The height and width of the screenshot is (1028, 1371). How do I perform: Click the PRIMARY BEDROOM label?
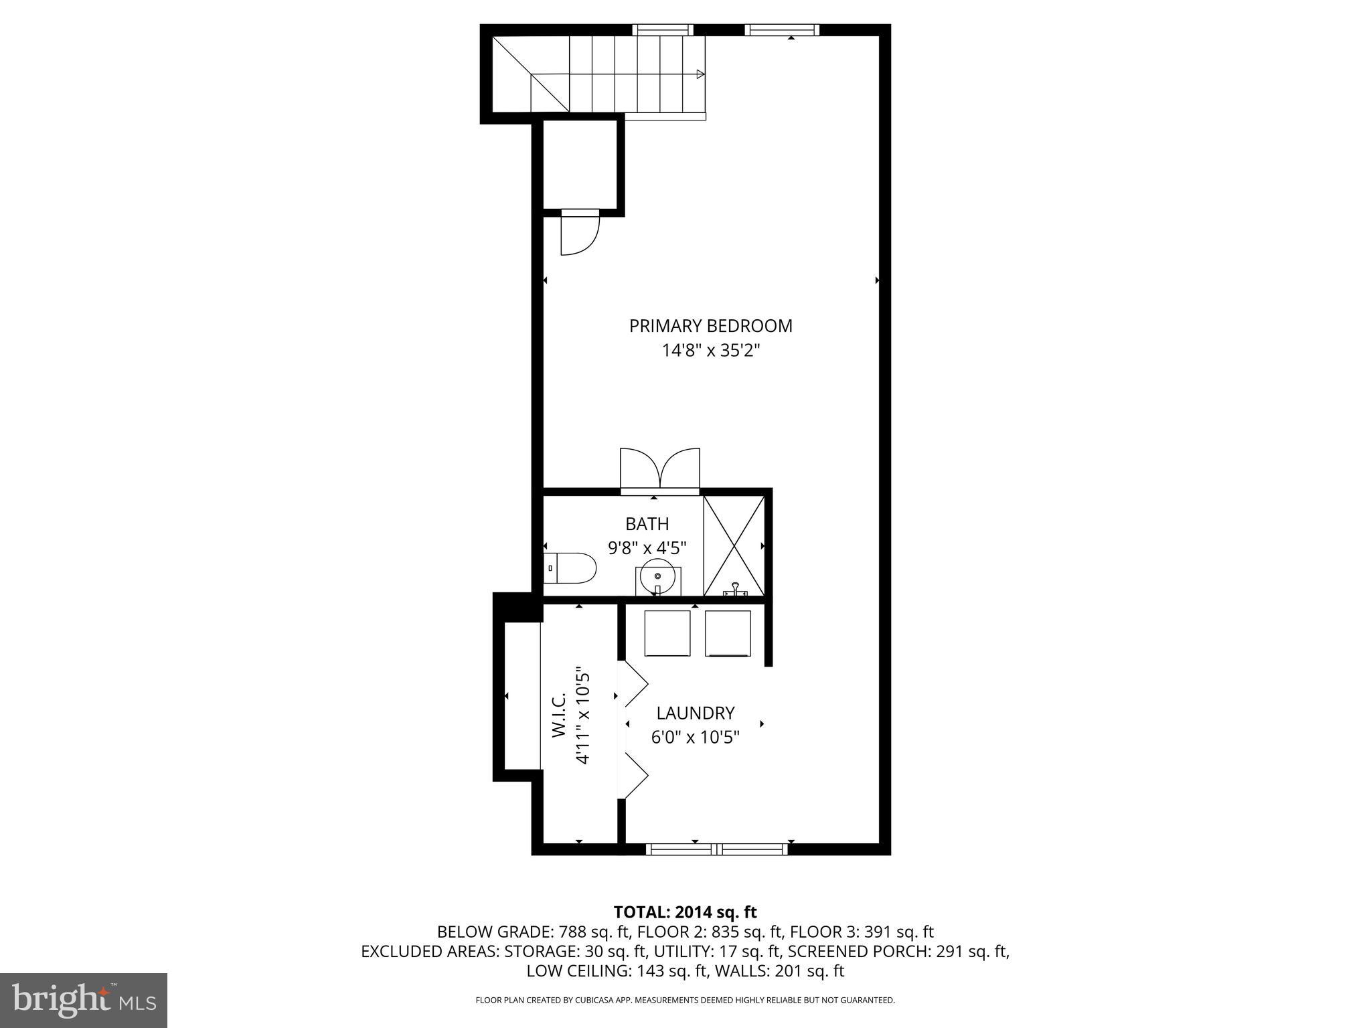click(710, 326)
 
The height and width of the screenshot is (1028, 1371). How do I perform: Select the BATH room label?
click(647, 524)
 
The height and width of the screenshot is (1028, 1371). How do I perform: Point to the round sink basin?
click(657, 575)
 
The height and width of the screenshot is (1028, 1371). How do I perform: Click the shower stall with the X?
click(734, 545)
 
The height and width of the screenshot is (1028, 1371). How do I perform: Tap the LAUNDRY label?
click(695, 713)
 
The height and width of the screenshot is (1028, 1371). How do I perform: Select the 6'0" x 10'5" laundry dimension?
click(695, 737)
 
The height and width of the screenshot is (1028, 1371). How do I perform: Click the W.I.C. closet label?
click(560, 715)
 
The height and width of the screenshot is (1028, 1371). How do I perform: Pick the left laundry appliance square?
click(667, 632)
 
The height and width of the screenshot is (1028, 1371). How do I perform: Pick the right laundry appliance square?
click(728, 632)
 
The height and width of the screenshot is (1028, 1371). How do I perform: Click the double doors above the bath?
click(660, 470)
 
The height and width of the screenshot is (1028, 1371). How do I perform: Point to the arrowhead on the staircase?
click(700, 74)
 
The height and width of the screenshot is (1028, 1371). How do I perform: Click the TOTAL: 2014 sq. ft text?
click(685, 912)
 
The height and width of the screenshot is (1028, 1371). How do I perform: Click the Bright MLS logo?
click(84, 1001)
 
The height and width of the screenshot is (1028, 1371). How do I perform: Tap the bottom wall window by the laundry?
click(716, 849)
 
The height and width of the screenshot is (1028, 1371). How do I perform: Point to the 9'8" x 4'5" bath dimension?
click(647, 548)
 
